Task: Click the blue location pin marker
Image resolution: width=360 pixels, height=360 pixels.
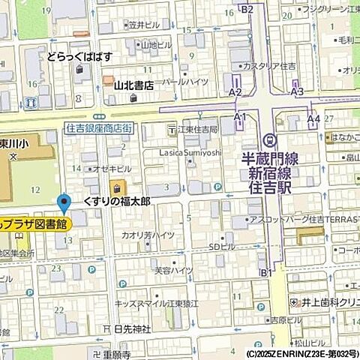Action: (64, 203)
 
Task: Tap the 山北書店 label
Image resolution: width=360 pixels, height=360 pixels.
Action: (133, 85)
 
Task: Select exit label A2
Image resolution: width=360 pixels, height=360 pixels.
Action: (235, 91)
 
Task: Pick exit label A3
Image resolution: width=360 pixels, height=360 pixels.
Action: (297, 91)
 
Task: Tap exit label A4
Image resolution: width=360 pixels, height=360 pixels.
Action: (313, 118)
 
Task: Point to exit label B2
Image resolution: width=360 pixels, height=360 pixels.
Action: (247, 8)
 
